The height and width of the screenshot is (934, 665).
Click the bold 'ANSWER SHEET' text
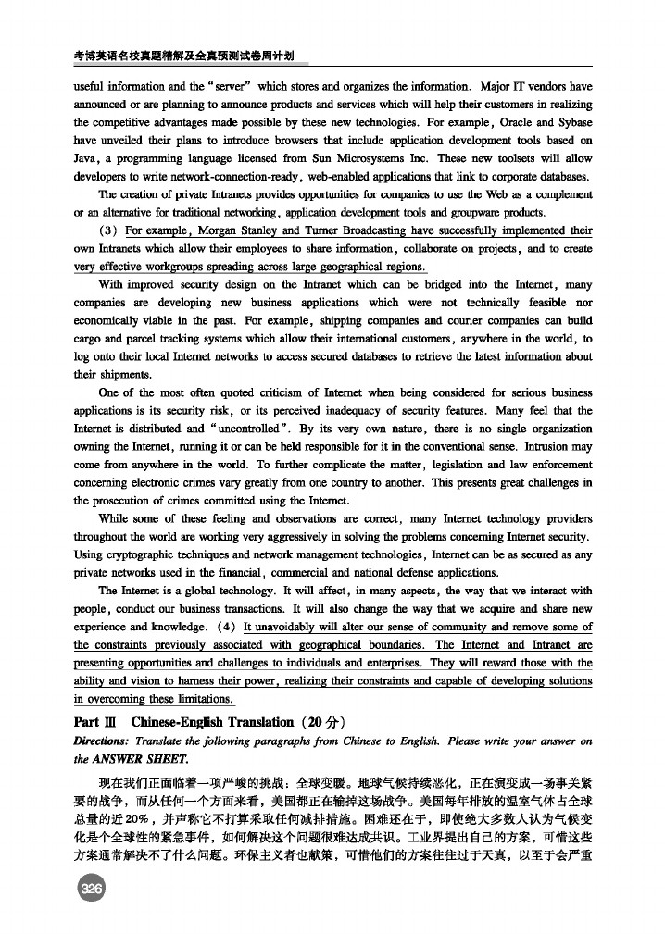[137, 757]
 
